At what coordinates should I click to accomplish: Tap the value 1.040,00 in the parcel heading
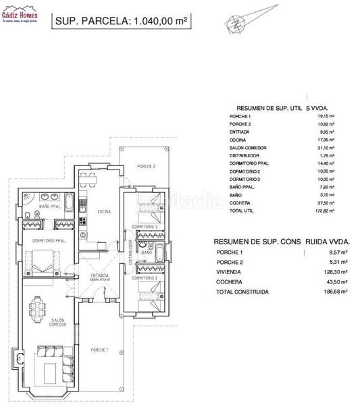coord(153,21)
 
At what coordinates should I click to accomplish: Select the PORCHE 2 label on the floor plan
coord(146,166)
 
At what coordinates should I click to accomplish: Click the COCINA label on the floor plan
coord(103,211)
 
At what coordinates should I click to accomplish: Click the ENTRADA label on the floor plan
coord(99,275)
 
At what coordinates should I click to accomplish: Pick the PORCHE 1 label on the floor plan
coord(100,349)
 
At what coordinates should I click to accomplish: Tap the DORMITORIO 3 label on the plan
coord(145,226)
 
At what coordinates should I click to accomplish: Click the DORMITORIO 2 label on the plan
coord(145,278)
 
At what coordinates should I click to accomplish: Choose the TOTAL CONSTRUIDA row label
coord(242,292)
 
